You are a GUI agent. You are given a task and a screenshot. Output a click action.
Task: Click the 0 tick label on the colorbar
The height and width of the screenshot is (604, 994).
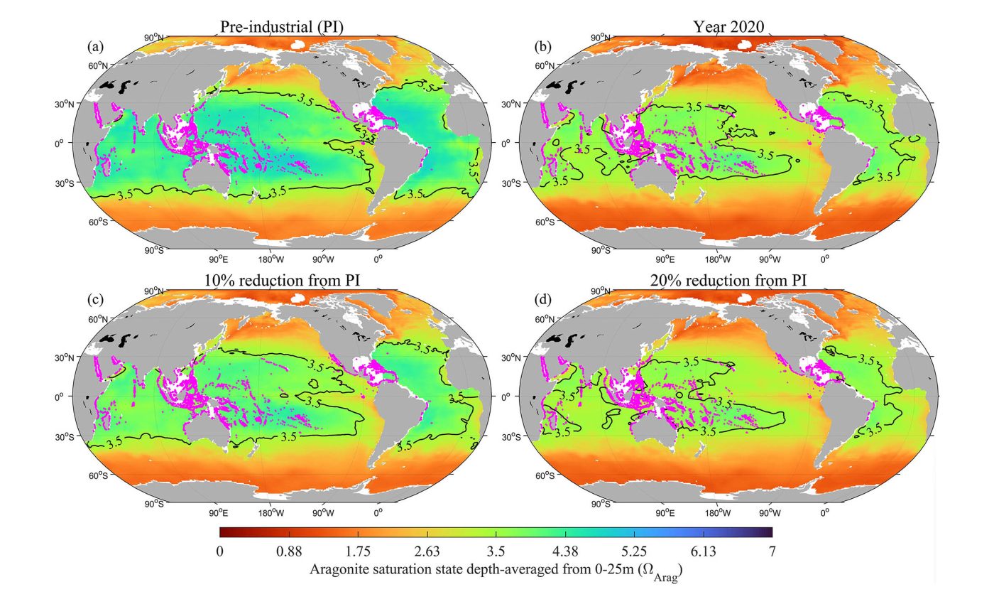pyautogui.click(x=220, y=551)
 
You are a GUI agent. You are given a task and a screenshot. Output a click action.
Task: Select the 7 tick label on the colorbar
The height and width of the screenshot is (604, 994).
pyautogui.click(x=772, y=551)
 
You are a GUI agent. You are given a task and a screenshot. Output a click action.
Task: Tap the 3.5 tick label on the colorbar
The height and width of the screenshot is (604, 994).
pyautogui.click(x=496, y=551)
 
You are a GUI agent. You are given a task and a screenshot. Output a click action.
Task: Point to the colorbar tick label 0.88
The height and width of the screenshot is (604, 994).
pyautogui.click(x=289, y=551)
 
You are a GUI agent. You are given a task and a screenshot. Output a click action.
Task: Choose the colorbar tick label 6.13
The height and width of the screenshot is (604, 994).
pyautogui.click(x=702, y=551)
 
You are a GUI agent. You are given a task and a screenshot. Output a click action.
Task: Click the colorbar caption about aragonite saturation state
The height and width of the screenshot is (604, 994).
pyautogui.click(x=496, y=571)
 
